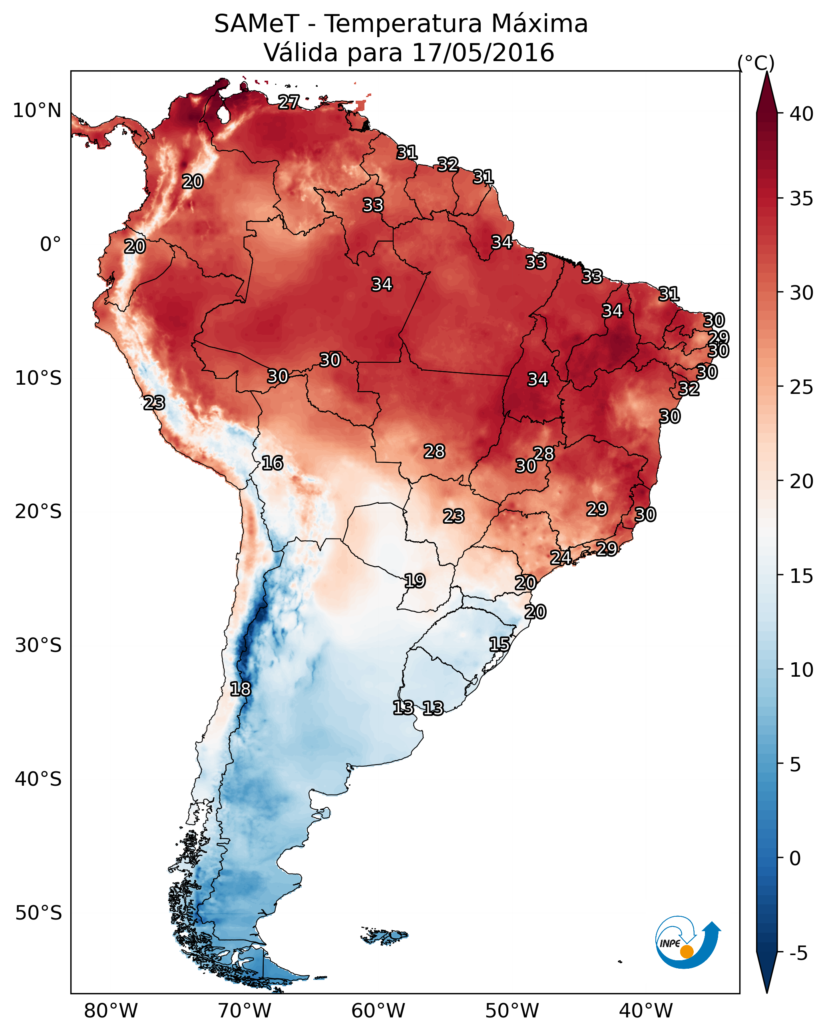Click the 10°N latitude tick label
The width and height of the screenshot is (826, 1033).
click(x=37, y=111)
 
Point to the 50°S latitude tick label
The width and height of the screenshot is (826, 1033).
click(x=38, y=913)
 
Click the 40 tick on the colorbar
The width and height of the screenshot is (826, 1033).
click(x=801, y=114)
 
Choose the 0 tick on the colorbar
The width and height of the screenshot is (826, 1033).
click(x=794, y=858)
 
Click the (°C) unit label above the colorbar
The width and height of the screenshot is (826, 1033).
click(x=756, y=63)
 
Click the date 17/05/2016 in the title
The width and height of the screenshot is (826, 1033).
click(x=483, y=53)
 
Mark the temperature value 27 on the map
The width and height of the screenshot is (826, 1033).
click(x=289, y=101)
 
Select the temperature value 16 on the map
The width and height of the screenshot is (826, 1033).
click(x=272, y=463)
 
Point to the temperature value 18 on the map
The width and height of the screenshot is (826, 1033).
click(x=240, y=689)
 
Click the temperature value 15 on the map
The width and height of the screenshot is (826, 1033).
click(x=500, y=644)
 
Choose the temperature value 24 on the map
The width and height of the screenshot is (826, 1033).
click(x=560, y=557)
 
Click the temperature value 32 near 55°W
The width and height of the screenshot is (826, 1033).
click(x=448, y=164)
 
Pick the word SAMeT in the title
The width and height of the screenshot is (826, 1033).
click(x=257, y=24)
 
